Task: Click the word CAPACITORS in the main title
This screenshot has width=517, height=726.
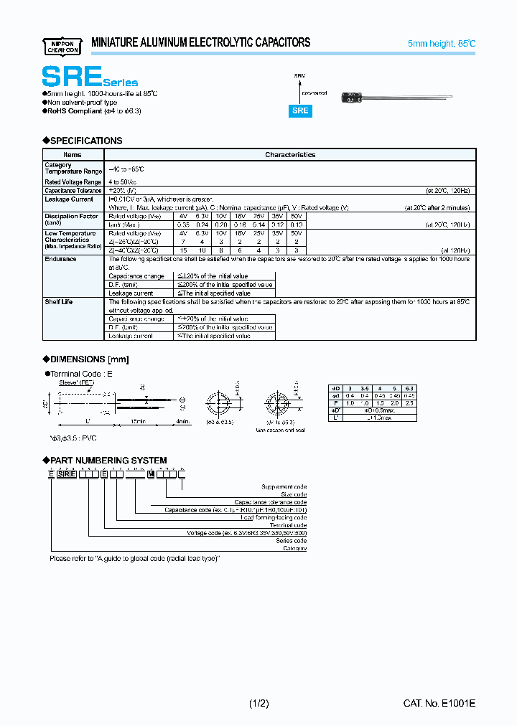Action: pos(276,43)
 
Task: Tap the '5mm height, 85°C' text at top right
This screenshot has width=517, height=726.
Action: pos(441,44)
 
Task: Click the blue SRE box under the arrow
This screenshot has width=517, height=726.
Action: pos(300,110)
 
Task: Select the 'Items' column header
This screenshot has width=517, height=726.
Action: pos(73,154)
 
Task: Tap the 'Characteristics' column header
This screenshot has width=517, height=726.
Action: pos(290,154)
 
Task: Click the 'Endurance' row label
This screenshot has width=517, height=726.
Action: pos(60,259)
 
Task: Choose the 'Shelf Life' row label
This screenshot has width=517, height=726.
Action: pos(59,302)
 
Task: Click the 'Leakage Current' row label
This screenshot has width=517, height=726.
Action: pos(69,199)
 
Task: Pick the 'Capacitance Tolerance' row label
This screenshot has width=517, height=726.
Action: pos(73,191)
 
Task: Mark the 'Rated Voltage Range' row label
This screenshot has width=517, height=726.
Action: pos(73,182)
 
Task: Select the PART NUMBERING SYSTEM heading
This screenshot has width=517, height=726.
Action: pos(108,460)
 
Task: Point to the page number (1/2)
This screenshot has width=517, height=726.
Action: pos(258,704)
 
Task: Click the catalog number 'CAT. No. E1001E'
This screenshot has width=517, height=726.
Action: pos(439,704)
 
